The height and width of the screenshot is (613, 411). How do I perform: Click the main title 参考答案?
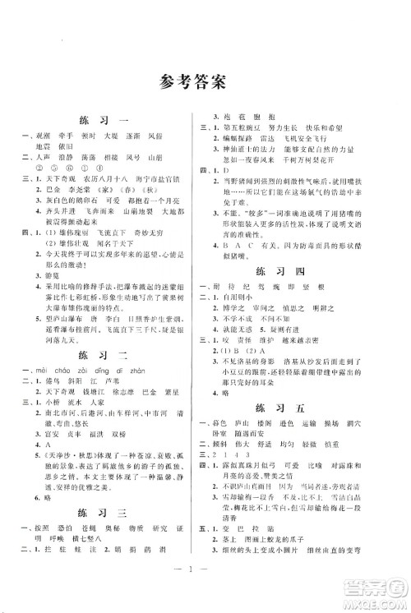pos(205,82)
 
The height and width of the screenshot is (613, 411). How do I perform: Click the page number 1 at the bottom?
pos(205,587)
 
